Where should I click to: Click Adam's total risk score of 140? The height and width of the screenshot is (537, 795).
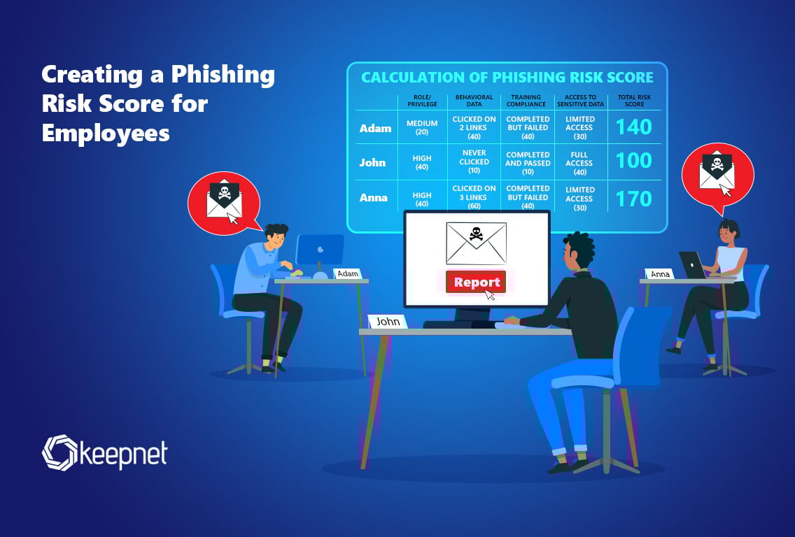tap(634, 127)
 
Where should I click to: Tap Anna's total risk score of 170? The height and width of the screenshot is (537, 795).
tap(634, 199)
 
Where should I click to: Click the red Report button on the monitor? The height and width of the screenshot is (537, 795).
tap(477, 282)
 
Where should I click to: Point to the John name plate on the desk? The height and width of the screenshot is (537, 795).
tap(388, 322)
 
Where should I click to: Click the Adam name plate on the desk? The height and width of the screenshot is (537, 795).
tap(348, 273)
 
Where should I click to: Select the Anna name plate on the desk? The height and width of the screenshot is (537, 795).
tap(659, 274)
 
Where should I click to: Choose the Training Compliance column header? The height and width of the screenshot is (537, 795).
tap(528, 101)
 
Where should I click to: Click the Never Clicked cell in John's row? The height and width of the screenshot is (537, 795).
tap(474, 162)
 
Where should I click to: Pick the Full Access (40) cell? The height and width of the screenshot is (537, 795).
tap(579, 162)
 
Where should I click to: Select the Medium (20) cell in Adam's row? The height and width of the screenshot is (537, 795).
tap(422, 127)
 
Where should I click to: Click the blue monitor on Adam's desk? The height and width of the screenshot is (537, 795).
tap(320, 249)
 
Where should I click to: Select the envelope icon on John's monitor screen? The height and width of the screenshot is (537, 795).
tap(476, 241)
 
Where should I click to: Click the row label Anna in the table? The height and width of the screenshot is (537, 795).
tap(374, 198)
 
